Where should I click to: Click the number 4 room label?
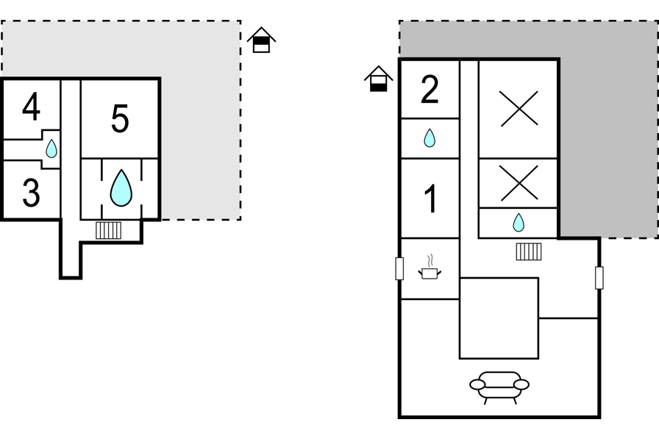coord(31,107)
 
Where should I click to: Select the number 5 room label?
coord(120,119)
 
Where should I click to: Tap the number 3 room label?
coord(31,193)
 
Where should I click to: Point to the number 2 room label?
coord(430,89)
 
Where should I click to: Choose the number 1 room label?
coord(431,199)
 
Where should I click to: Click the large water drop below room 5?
coord(121,188)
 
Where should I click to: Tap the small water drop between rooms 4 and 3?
coord(51,149)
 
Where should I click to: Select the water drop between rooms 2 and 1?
coord(429,138)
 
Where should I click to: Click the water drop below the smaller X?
coord(519,223)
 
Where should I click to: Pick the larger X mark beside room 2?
coord(519,109)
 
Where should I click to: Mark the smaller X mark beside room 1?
coord(519,183)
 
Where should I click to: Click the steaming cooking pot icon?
coord(430,267)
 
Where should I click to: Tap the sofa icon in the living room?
coord(499,388)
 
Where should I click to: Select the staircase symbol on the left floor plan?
coord(108,230)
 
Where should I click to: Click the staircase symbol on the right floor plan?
coord(529,251)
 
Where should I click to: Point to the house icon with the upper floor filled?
coord(261,40)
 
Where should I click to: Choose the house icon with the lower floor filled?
coord(378,79)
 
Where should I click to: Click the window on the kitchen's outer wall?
coord(399,268)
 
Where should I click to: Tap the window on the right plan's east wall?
coord(599,278)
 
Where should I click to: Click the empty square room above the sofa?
coord(499,318)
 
